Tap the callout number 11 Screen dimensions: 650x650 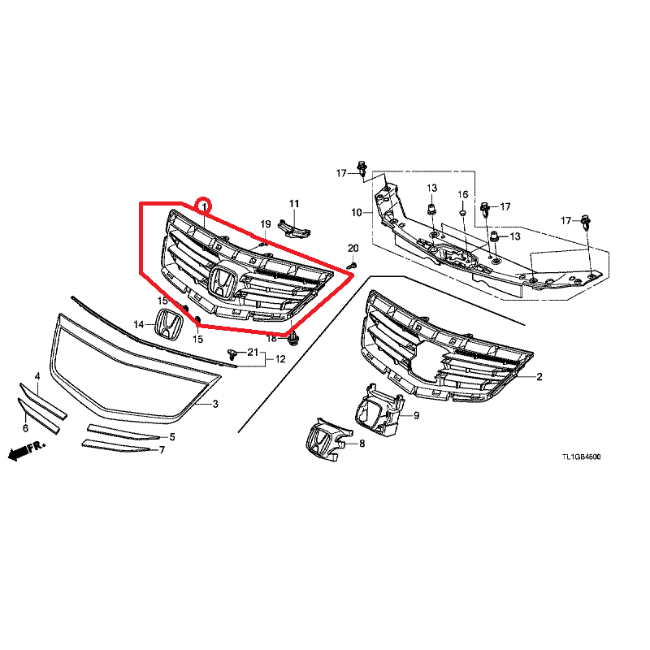(x=294, y=204)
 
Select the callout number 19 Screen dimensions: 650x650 (x=266, y=224)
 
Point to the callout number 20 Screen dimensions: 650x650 (x=353, y=248)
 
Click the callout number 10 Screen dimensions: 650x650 (x=357, y=213)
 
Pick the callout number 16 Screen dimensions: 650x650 (x=462, y=194)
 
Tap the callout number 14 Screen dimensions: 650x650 (x=138, y=324)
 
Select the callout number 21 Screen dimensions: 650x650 (x=253, y=353)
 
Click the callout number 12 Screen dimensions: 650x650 (x=280, y=359)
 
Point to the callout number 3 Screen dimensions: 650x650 (x=215, y=404)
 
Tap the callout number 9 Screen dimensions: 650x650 (x=416, y=415)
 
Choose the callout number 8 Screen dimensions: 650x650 (x=362, y=444)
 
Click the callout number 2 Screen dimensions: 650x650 (x=539, y=377)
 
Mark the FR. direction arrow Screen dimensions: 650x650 (x=27, y=450)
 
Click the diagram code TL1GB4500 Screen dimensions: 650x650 (x=581, y=457)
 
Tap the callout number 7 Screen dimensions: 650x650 (x=162, y=450)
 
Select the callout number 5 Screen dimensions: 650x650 (x=172, y=437)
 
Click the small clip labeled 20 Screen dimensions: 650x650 (x=353, y=263)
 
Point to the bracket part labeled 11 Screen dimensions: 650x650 (x=294, y=228)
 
